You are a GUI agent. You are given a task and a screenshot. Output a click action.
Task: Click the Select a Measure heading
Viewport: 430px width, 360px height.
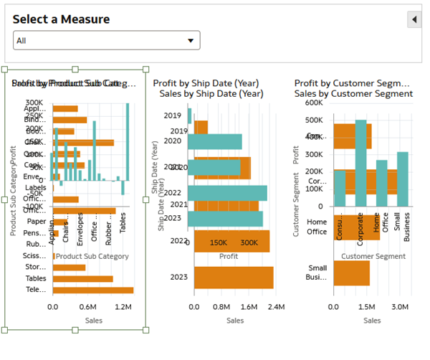click(62, 19)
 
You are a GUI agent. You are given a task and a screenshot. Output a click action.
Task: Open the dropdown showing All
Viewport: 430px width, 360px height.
click(106, 41)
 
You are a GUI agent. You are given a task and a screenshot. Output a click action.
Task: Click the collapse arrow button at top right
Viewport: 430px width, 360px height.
click(414, 19)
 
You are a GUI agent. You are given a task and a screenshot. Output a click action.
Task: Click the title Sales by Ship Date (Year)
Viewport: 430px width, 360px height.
click(211, 94)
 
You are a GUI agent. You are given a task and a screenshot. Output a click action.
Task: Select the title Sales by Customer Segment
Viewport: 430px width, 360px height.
click(353, 94)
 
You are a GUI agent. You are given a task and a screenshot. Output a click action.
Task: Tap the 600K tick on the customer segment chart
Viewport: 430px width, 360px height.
click(315, 103)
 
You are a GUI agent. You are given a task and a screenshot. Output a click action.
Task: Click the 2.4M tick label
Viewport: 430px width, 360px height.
click(276, 307)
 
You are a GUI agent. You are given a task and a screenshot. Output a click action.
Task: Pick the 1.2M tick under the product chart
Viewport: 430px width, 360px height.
click(124, 307)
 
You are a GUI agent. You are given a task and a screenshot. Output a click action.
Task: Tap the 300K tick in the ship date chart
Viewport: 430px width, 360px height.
click(249, 243)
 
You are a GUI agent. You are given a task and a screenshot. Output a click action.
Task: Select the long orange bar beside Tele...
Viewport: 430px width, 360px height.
click(93, 290)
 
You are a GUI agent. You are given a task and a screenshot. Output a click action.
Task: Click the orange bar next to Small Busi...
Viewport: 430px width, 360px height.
click(351, 273)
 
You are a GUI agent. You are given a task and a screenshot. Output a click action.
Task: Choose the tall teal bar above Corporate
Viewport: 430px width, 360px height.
click(360, 164)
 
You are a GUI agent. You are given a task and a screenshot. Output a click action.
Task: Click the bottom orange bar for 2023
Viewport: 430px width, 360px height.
click(234, 278)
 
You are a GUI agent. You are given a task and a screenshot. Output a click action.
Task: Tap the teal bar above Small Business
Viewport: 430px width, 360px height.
click(402, 179)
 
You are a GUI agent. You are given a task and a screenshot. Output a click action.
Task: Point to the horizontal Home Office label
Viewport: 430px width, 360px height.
click(317, 227)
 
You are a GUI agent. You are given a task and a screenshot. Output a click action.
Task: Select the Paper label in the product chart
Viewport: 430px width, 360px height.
click(37, 222)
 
